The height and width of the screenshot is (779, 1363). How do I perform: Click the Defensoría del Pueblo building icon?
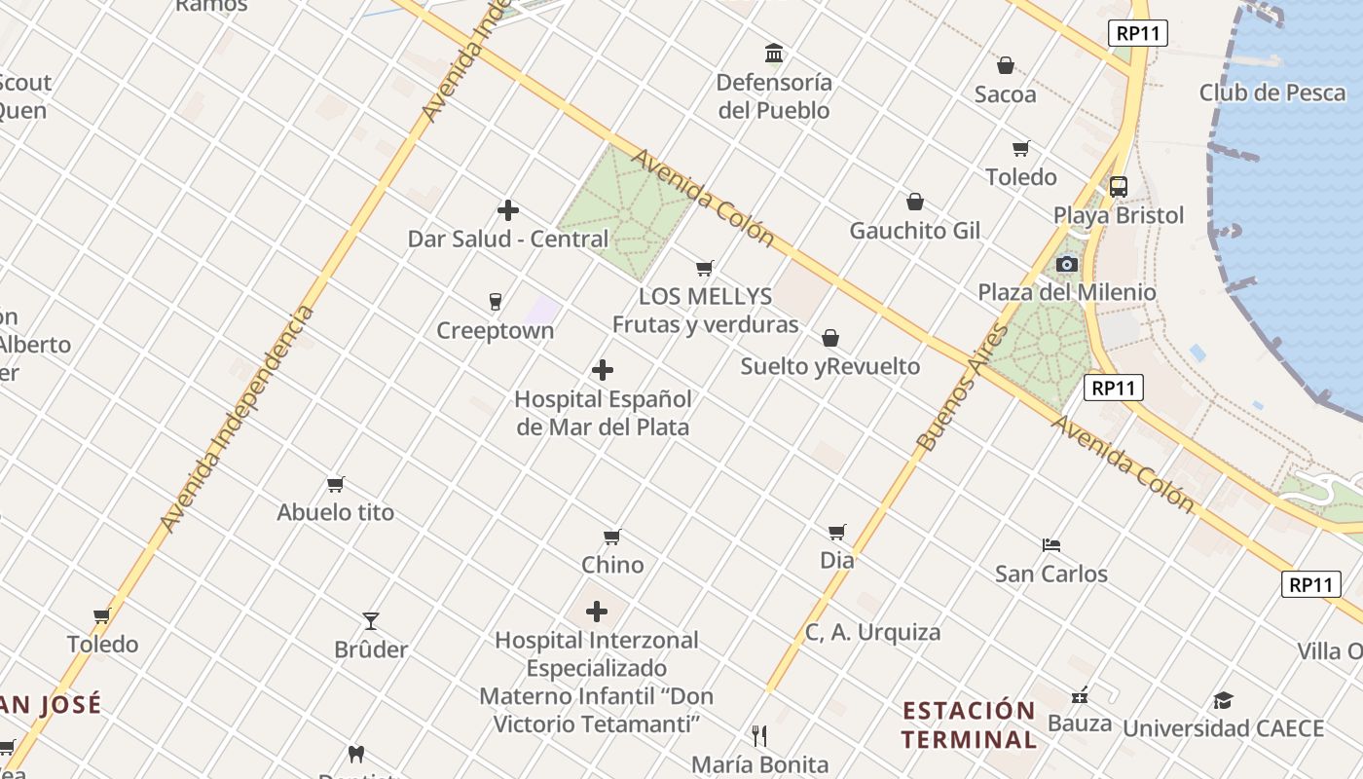coord(774,53)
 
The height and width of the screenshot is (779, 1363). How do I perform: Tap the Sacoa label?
coord(1006,94)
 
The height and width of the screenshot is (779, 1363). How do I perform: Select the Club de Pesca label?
coord(1272,93)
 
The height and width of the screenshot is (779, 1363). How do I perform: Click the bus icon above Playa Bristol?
coord(1119,187)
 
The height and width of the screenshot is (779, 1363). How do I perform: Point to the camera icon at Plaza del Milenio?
coord(1067,264)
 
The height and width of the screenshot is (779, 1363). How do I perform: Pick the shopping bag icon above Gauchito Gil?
coord(915,203)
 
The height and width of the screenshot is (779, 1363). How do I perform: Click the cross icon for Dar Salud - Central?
coord(507,210)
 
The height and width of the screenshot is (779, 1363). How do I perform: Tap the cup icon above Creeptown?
coord(496,302)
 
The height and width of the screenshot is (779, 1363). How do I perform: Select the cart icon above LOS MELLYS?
coord(705,269)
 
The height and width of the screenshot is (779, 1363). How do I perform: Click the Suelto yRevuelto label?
coord(829,366)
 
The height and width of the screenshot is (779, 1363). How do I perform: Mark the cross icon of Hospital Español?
coord(603,370)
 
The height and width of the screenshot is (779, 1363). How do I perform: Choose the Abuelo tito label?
coord(336,512)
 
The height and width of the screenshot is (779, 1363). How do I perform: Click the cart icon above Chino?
coord(612,537)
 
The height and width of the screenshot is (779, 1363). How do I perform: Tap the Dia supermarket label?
coord(837,560)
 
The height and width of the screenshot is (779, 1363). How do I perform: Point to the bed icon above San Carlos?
coord(1051,545)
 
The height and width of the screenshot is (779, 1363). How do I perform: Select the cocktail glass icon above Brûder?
coord(371,621)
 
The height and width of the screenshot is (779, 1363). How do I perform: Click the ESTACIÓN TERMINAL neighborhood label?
coord(968,723)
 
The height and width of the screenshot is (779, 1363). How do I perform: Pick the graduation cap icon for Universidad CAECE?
coord(1223,701)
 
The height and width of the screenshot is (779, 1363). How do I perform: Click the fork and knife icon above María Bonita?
coord(759,735)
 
